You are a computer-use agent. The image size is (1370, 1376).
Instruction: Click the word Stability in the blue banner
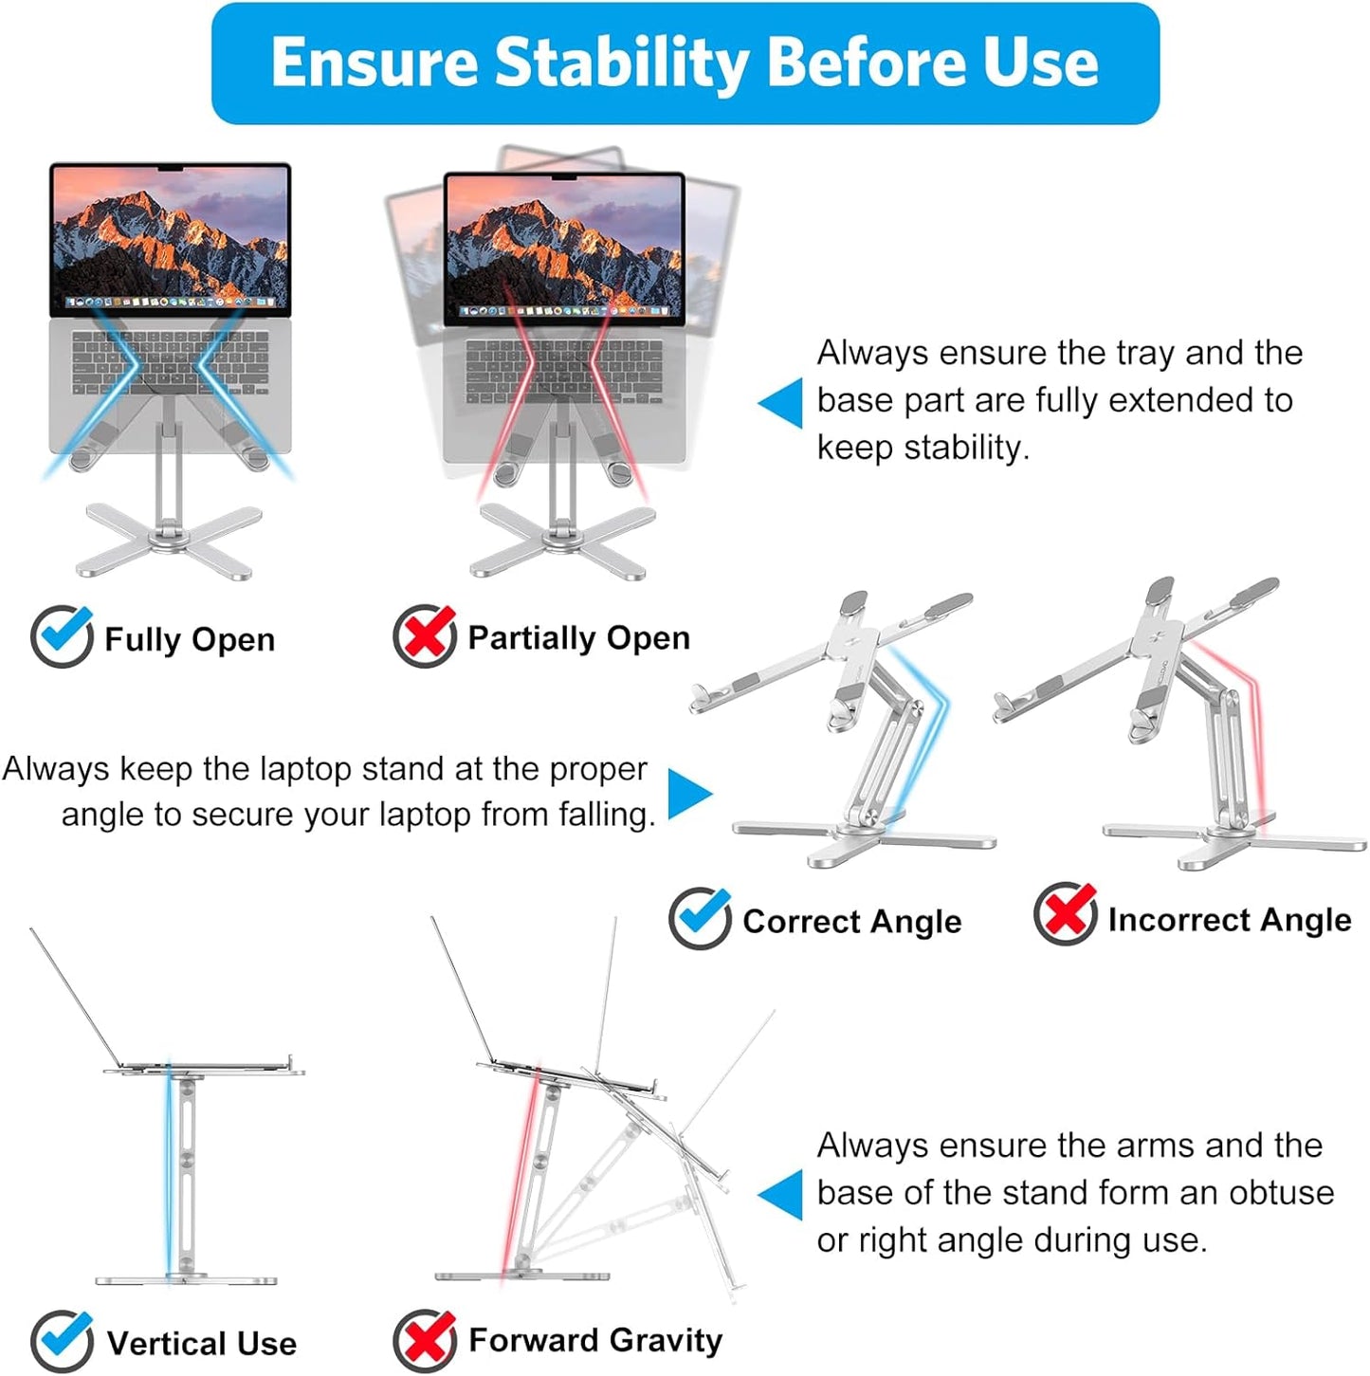[x=621, y=63]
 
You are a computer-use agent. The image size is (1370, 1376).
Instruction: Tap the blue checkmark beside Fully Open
[x=62, y=636]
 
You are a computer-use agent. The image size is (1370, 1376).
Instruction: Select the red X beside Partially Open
[x=424, y=635]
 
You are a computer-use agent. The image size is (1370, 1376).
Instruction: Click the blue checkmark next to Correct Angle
[x=700, y=918]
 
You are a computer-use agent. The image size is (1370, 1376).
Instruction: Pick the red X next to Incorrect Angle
[x=1065, y=914]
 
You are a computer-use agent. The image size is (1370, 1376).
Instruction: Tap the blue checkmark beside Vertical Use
[x=62, y=1341]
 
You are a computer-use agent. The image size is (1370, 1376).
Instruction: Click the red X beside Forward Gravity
[x=424, y=1340]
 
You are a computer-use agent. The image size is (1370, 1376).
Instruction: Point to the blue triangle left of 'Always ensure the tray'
[x=781, y=403]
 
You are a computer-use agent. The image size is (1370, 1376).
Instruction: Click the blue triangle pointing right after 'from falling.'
[x=689, y=794]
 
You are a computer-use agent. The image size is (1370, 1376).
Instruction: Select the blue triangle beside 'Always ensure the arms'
[x=781, y=1195]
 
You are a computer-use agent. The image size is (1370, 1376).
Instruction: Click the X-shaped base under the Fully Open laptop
[x=171, y=541]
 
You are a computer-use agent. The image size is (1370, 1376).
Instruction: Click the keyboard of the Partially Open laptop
[x=564, y=371]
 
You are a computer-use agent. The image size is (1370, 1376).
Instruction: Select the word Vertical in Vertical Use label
[x=167, y=1344]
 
